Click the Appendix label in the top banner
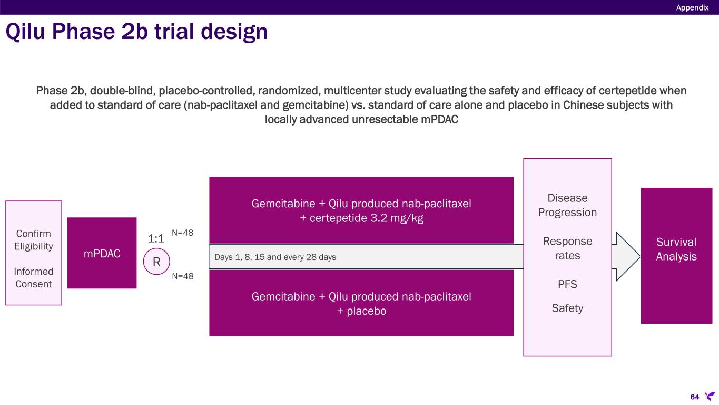coord(692,7)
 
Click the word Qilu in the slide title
coord(25,32)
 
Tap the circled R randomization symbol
coord(156,262)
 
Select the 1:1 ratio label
coord(156,238)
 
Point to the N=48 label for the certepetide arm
coord(183,233)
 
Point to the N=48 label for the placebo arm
coord(183,276)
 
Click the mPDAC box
coord(102,253)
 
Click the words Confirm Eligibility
coord(34,240)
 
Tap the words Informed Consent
coord(33,278)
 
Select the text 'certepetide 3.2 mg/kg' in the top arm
coord(366,218)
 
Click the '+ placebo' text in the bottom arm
coord(361,311)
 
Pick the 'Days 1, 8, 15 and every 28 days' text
coord(275,257)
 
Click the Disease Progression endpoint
coord(567,205)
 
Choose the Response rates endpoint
coord(567,248)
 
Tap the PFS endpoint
coord(567,284)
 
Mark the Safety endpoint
coord(567,308)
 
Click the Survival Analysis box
coord(676,256)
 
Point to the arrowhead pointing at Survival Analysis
coord(639,256)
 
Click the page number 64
coord(695,397)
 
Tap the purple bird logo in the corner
coord(710,396)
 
